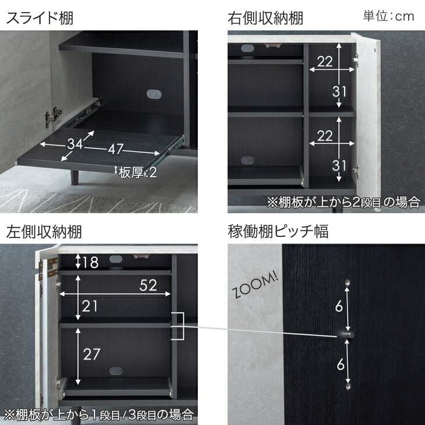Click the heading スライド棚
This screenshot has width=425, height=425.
tap(40, 17)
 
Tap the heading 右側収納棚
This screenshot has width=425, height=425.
tap(265, 17)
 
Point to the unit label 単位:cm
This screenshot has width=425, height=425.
tap(388, 16)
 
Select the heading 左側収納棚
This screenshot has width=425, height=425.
tap(44, 232)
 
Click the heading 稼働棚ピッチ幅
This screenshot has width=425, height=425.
tap(278, 232)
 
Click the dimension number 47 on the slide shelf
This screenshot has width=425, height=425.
tap(115, 149)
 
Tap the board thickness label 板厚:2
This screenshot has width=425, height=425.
tap(137, 172)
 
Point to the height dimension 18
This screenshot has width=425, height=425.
tap(90, 262)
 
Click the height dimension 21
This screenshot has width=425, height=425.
tap(90, 306)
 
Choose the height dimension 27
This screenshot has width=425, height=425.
tap(91, 353)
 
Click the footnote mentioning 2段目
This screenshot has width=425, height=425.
tap(343, 203)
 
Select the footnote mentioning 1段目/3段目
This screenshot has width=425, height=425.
tap(98, 415)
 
